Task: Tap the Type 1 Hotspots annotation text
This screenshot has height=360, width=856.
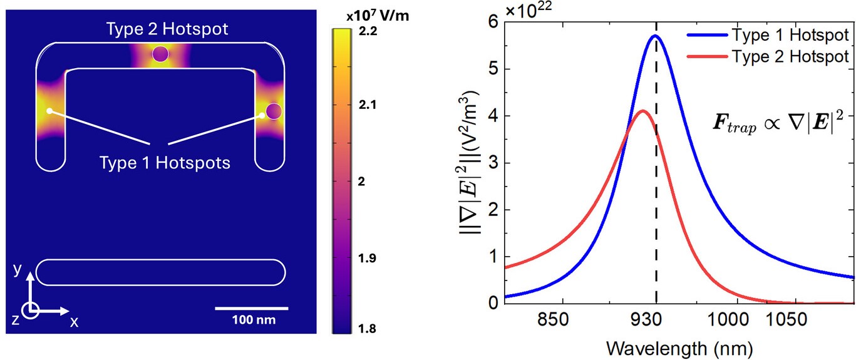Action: [x=165, y=163]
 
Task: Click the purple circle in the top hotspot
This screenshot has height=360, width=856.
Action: [x=160, y=54]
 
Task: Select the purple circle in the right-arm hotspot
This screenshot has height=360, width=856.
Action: [x=274, y=111]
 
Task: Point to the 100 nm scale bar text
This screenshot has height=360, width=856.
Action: [x=252, y=320]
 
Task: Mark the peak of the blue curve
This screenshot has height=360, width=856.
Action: [x=655, y=36]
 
